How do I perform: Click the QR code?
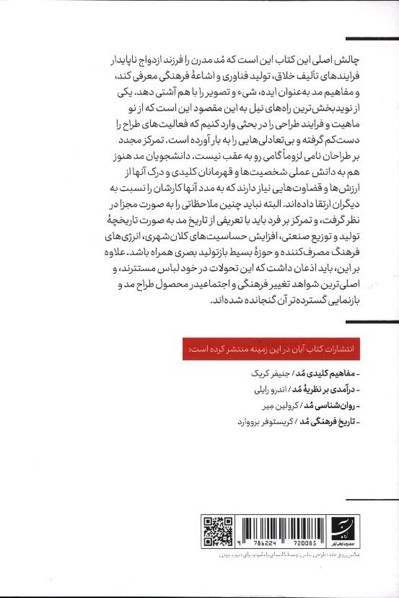(x=218, y=531)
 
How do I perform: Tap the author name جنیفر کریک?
(x=252, y=373)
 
